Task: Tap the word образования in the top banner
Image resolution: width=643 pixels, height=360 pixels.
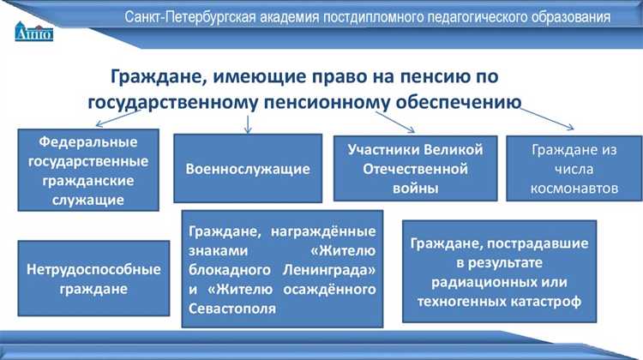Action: point(568,17)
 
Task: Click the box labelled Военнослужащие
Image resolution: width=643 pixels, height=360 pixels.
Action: point(248,168)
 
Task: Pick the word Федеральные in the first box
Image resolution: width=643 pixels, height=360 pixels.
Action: point(88,141)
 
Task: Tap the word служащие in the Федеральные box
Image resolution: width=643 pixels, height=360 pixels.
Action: point(88,200)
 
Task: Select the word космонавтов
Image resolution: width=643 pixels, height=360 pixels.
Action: point(574,188)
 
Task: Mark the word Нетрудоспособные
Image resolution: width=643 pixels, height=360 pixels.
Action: point(88,269)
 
